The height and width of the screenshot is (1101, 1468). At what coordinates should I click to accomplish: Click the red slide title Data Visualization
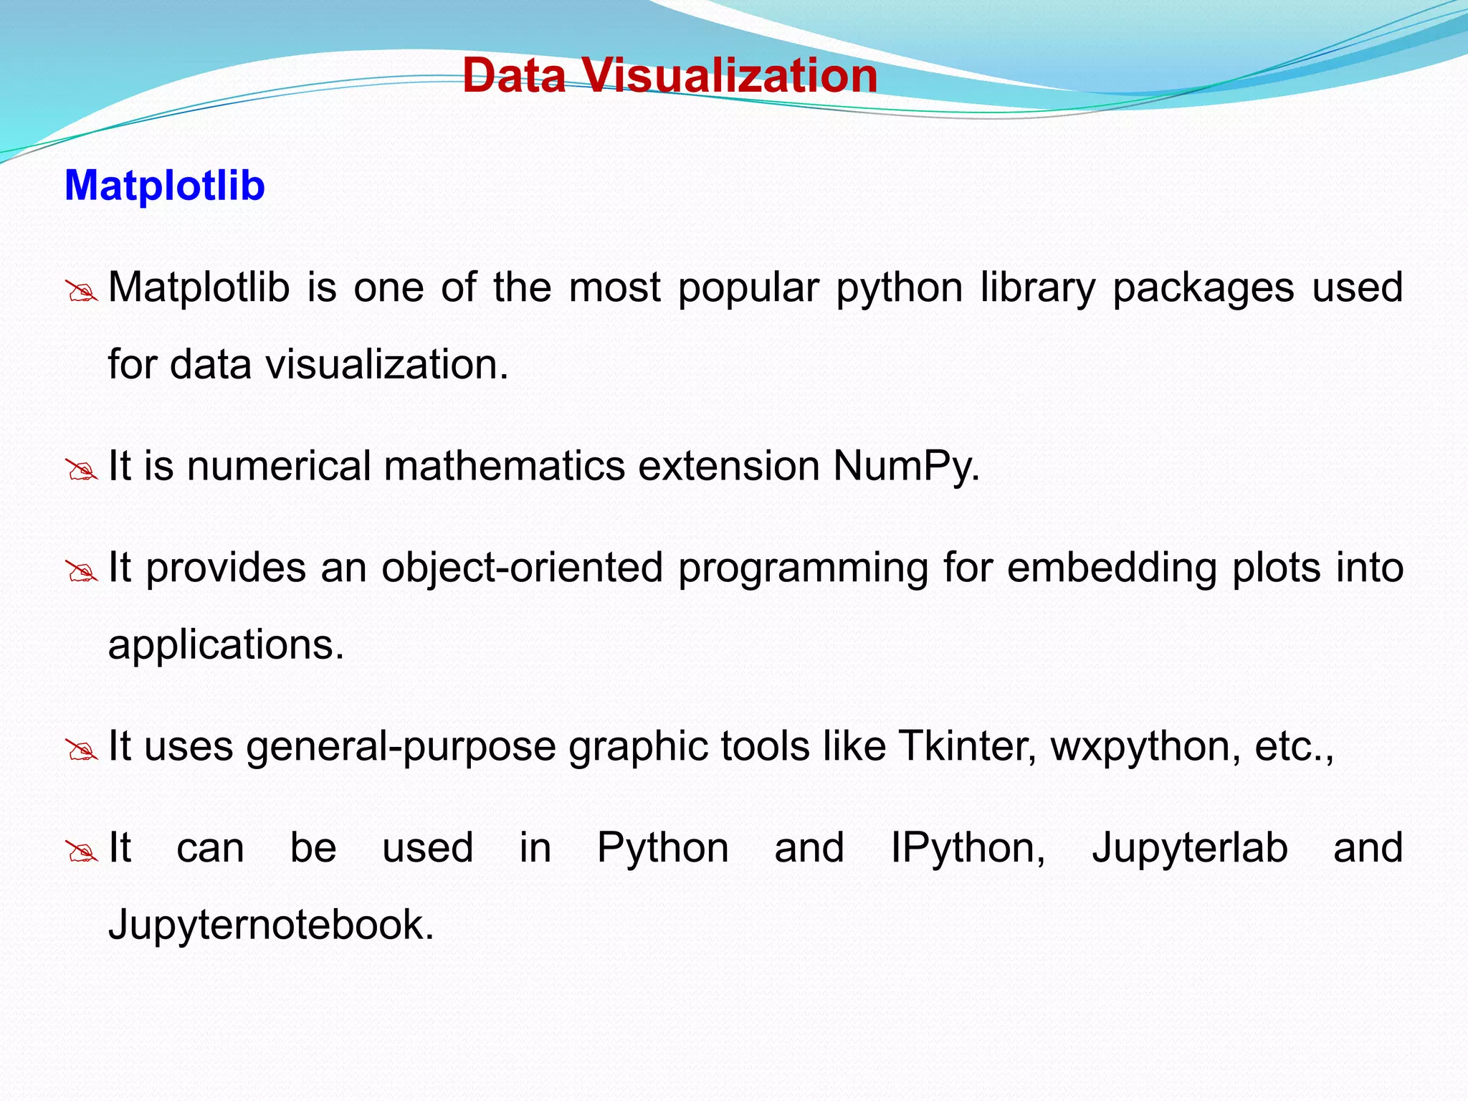(669, 75)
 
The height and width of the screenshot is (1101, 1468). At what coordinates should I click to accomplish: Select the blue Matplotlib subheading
(165, 186)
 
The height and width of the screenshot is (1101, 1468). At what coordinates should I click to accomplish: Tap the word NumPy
(905, 466)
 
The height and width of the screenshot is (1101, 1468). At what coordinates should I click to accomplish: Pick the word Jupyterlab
(1189, 848)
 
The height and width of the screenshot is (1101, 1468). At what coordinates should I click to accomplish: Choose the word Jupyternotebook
(271, 925)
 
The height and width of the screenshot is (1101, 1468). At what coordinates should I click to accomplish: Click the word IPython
(968, 848)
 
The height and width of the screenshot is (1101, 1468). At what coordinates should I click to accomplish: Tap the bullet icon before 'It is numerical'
(81, 470)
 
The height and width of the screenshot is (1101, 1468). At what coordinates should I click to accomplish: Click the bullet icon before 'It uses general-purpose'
(81, 750)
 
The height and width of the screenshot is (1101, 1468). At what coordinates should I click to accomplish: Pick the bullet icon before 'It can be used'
(81, 852)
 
